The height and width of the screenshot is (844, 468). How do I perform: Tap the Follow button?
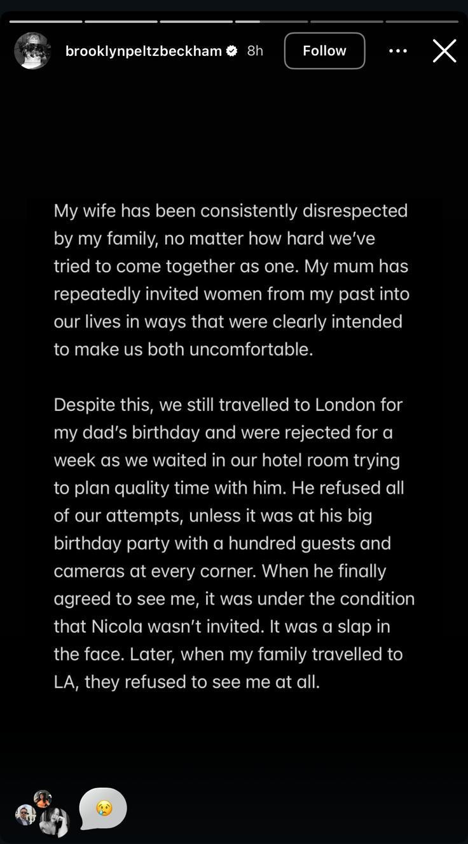tap(324, 51)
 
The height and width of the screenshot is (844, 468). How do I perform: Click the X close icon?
tap(444, 51)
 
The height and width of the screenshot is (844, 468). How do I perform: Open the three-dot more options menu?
tap(398, 51)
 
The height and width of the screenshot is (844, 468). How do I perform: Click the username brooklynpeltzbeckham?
tap(144, 51)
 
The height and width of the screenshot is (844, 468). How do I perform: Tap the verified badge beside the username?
tap(232, 51)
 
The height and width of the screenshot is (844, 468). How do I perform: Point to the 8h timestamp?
tap(255, 51)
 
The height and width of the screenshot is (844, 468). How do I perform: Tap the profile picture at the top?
tap(32, 51)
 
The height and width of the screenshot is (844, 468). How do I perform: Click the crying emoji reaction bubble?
tap(103, 808)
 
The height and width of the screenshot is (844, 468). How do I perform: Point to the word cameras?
tap(89, 571)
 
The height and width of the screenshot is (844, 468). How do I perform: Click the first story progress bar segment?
tap(46, 22)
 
